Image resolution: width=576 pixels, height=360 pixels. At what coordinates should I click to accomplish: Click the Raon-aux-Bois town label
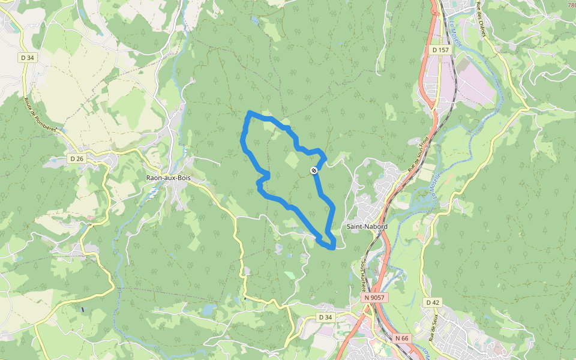(x=168, y=178)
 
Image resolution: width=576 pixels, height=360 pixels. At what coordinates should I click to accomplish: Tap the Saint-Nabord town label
(x=367, y=227)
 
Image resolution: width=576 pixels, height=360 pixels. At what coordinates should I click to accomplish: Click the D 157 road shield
(x=440, y=50)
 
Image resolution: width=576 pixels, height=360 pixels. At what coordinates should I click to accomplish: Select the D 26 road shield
(x=76, y=159)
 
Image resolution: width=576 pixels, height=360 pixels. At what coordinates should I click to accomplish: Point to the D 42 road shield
(x=433, y=302)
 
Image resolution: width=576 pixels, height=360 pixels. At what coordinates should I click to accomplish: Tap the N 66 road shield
(x=402, y=338)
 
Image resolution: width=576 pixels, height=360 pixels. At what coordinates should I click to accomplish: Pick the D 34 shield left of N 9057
(x=325, y=317)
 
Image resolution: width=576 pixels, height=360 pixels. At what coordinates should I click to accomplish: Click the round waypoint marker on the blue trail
(x=314, y=171)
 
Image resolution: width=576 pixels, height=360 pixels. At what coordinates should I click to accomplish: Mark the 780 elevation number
(x=571, y=5)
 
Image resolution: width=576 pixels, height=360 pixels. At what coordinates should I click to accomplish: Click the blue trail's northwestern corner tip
(x=250, y=113)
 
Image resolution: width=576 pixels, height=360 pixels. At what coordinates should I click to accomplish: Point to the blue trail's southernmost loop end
(x=332, y=247)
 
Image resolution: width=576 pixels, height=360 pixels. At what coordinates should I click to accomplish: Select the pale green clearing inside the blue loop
(x=291, y=160)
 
